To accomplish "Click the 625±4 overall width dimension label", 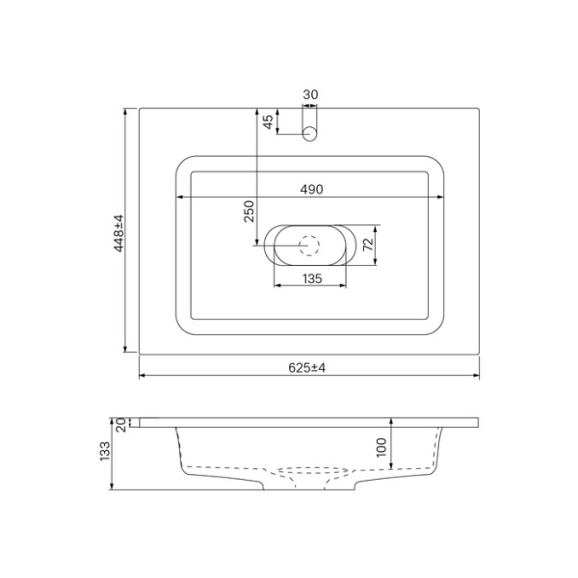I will coord(308,368).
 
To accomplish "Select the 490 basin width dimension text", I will coord(309,189).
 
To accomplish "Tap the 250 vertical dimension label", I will coord(249,212).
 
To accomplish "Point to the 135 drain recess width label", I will coord(310,278).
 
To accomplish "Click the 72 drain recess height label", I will coord(366,246).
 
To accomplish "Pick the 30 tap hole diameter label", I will coord(310,94).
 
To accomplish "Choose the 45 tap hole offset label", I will coord(267,123).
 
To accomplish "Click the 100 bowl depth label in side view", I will coord(382,447).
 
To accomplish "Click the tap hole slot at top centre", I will coord(310,134).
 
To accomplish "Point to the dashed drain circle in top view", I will coord(310,246).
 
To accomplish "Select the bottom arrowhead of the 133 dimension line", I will coord(112,486).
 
